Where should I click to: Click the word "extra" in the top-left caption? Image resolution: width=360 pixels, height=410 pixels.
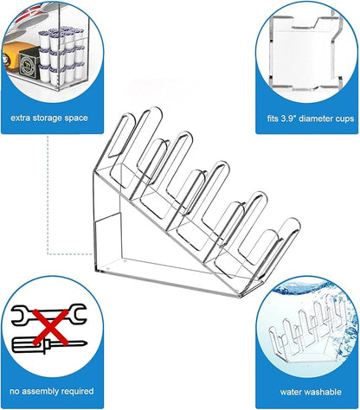20,118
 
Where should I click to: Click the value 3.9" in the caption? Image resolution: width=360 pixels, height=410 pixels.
288,119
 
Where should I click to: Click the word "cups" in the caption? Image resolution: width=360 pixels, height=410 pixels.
345,119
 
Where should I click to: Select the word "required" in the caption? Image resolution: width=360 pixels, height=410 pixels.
78,392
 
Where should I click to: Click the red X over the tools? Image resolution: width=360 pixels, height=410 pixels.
51,327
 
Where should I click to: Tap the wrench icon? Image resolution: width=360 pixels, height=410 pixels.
48,315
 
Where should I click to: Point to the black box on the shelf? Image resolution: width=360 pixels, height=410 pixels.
29,63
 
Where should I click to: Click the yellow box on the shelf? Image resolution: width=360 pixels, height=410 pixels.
12,59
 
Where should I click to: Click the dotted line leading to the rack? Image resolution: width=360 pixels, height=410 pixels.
48,195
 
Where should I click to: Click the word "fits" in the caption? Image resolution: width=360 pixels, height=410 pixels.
273,119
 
